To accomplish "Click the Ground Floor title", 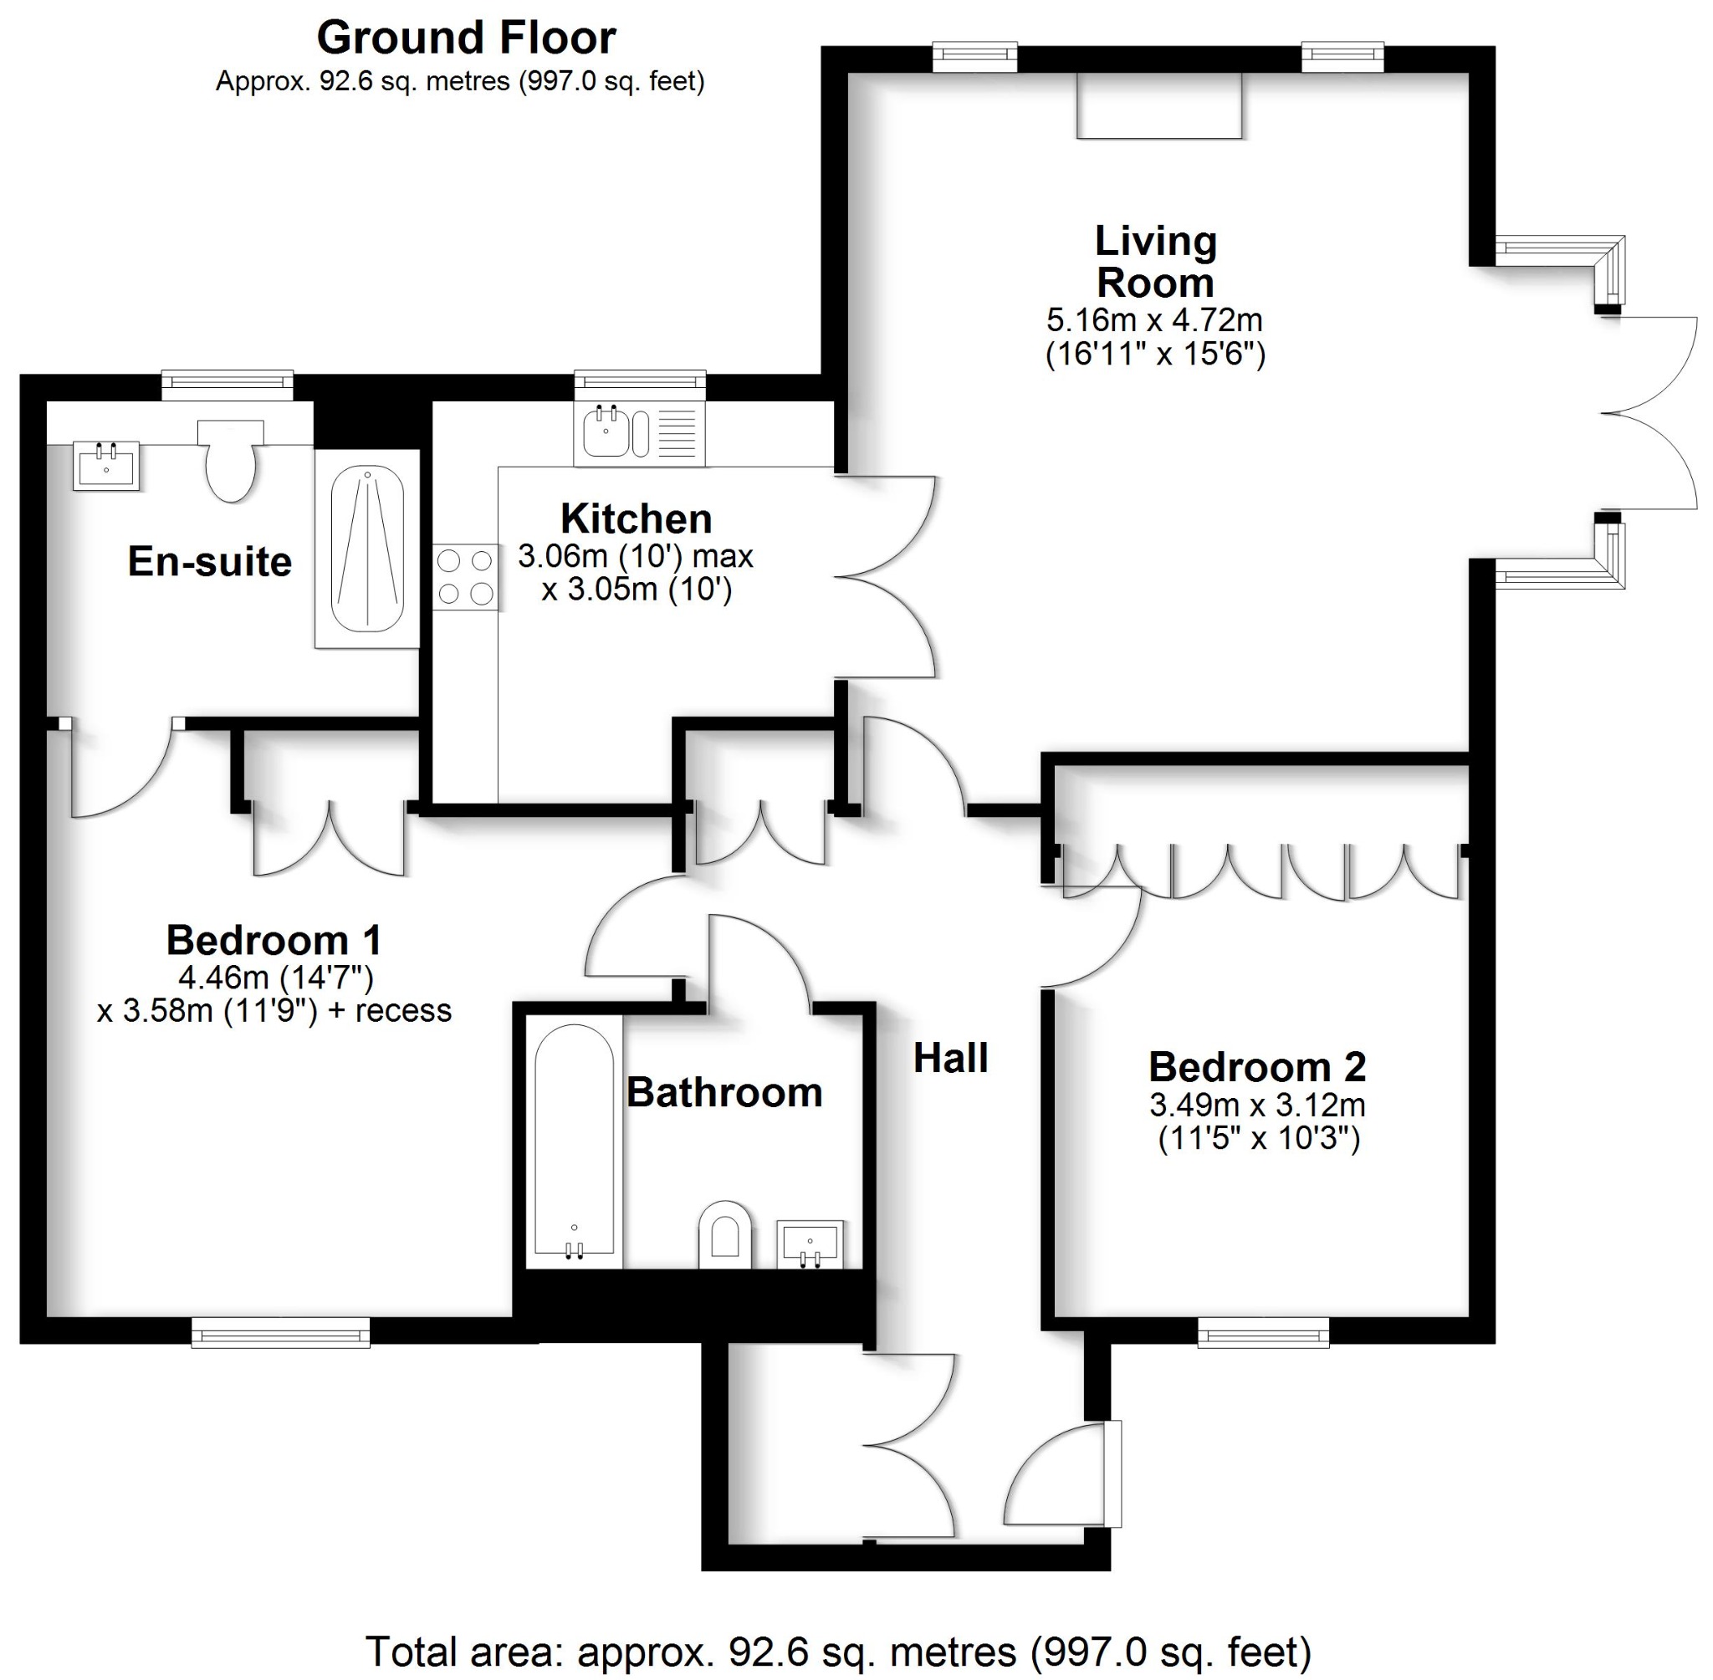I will point(466,38).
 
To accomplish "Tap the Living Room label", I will point(1155,261).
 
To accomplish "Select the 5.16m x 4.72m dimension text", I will point(1154,319).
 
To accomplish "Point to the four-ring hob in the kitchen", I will point(465,576).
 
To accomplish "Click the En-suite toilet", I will point(230,461).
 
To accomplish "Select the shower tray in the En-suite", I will point(367,549).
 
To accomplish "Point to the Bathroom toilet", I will point(724,1234).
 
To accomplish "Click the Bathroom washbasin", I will point(810,1243).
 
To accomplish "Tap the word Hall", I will point(949,1058).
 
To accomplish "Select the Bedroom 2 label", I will point(1256,1068).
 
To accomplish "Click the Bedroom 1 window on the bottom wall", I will point(281,1332).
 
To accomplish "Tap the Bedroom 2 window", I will point(1263,1332).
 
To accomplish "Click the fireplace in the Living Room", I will point(1158,105).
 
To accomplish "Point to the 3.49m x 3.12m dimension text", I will point(1256,1105).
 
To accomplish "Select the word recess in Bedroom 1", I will point(403,1010).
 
